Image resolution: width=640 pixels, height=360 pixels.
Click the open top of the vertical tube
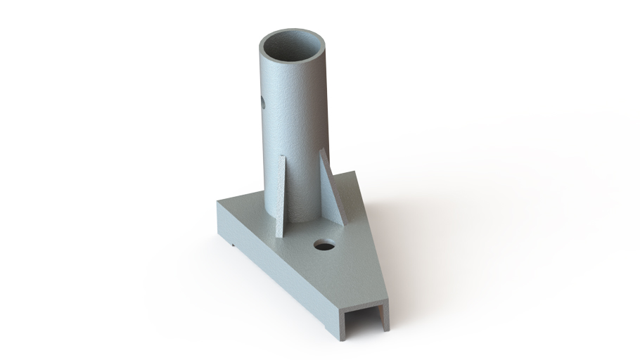(x=293, y=48)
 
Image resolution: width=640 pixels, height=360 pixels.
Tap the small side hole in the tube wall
(x=262, y=103)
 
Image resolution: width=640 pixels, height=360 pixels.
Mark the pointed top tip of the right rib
(x=321, y=150)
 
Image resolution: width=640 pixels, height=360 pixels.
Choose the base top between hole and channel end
(x=355, y=278)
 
